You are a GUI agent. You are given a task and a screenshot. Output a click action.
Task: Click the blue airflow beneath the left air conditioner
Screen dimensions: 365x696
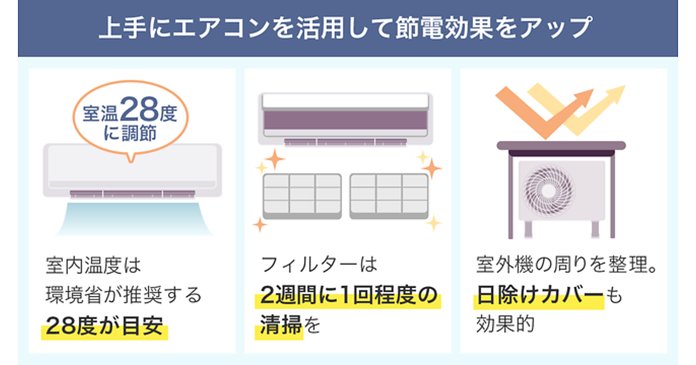point(133,218)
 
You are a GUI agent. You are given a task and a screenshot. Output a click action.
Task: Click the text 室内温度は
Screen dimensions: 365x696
point(93,266)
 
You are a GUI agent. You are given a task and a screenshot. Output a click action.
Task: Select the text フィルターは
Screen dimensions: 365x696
point(319,265)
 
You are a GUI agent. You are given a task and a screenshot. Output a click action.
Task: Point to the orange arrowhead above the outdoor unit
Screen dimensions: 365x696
point(582,99)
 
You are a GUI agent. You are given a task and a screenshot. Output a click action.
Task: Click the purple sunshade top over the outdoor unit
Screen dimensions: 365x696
point(561,145)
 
